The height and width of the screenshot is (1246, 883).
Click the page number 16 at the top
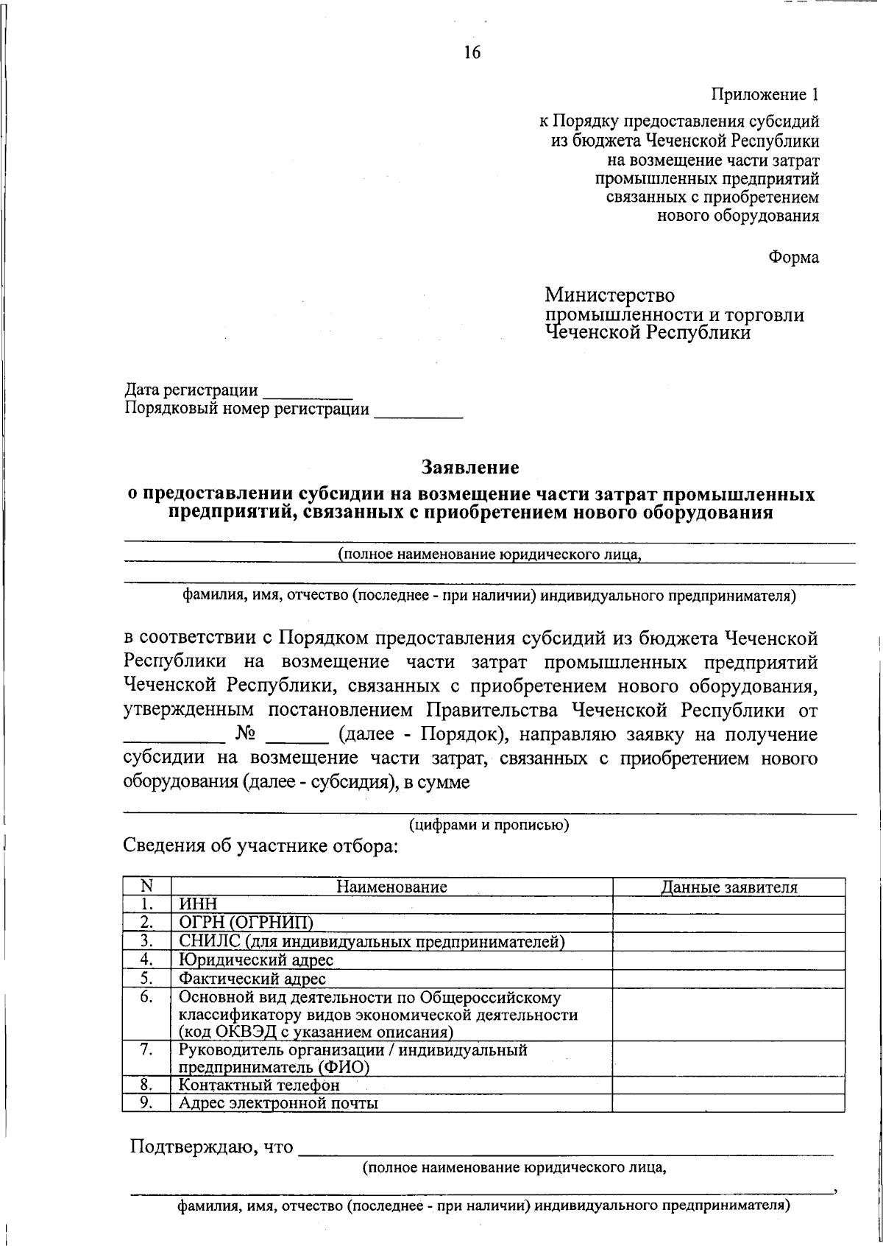point(472,52)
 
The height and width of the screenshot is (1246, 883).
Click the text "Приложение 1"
point(764,94)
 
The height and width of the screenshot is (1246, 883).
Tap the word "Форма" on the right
point(793,258)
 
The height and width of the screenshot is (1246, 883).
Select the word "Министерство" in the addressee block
point(609,295)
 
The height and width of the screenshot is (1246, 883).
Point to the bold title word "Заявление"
point(470,467)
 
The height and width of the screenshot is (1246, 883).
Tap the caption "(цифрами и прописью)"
point(489,824)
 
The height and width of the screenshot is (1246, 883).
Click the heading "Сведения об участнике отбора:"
point(260,846)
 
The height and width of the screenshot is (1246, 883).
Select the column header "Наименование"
point(391,887)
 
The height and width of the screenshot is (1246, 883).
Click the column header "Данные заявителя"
point(728,887)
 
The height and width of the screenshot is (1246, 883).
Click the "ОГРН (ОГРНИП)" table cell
point(247,923)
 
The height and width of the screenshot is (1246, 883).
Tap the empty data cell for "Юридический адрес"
point(728,960)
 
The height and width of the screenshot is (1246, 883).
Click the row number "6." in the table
point(146,997)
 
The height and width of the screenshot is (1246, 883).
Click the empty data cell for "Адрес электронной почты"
point(728,1102)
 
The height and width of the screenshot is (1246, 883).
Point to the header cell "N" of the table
point(146,887)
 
